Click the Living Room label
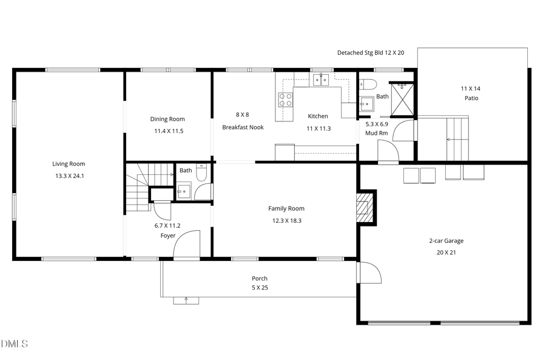pos(68,163)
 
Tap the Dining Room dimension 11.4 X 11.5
pos(167,131)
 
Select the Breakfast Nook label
pos(243,127)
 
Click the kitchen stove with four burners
pos(285,99)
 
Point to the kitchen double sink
pos(321,79)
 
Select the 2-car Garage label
pos(446,240)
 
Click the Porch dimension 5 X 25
pos(260,288)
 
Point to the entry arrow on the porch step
pos(186,299)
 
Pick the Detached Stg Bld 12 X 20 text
pos(371,53)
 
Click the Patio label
pos(472,98)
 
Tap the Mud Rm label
pos(376,133)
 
